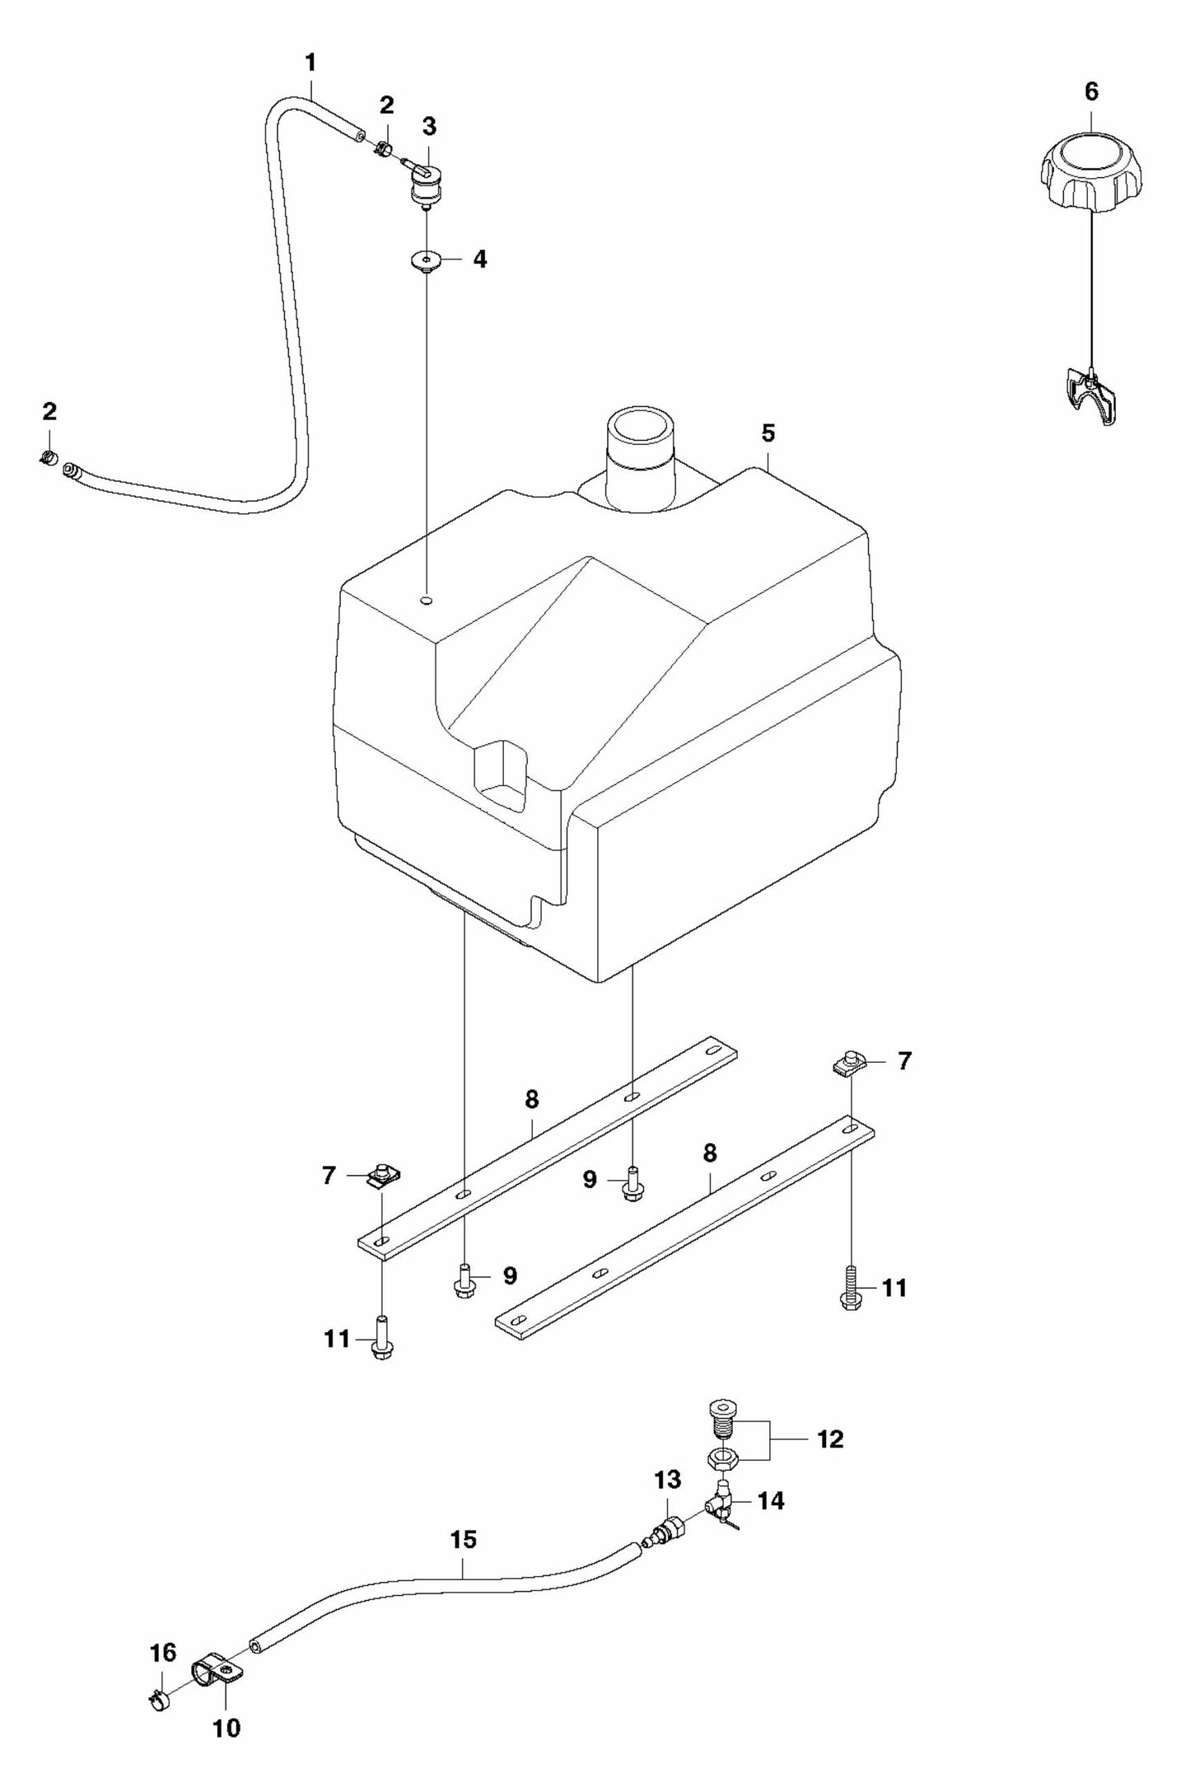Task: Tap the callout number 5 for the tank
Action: click(768, 433)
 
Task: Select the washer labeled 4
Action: click(426, 262)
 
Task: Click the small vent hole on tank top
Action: click(426, 601)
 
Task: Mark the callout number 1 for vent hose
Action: click(310, 63)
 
